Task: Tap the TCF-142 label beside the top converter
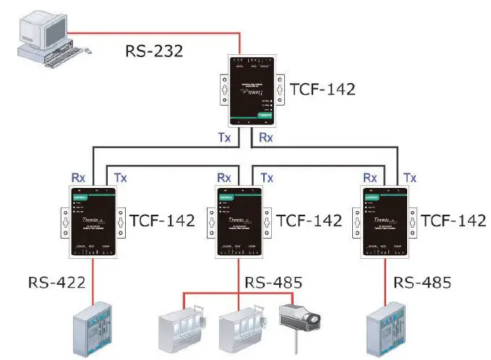(x=322, y=90)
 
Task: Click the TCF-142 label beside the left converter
(x=162, y=220)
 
